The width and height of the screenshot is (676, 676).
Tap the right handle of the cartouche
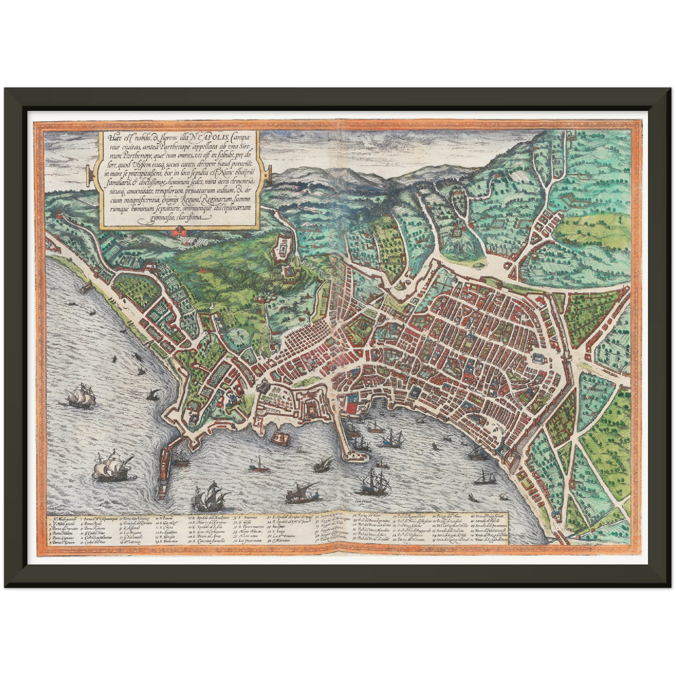click(x=267, y=176)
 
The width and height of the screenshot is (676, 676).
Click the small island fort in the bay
click(x=281, y=438)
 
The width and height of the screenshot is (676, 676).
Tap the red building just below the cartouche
click(x=179, y=232)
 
